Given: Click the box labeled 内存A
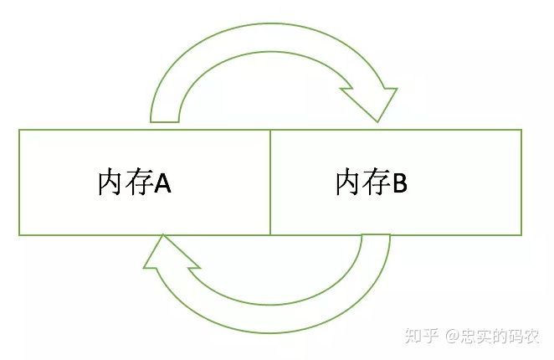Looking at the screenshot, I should tap(144, 209).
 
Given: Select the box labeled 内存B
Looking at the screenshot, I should tap(396, 209).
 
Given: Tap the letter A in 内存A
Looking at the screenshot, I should tap(162, 183).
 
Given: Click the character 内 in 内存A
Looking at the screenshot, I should tap(111, 183).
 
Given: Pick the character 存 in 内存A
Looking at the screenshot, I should tap(137, 183).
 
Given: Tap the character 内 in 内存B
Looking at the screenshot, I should tap(348, 183).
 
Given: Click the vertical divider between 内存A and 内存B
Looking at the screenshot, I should tap(270, 183).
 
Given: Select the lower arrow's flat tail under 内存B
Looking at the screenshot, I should tap(375, 238).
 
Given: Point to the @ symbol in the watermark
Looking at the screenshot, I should tap(451, 337).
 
